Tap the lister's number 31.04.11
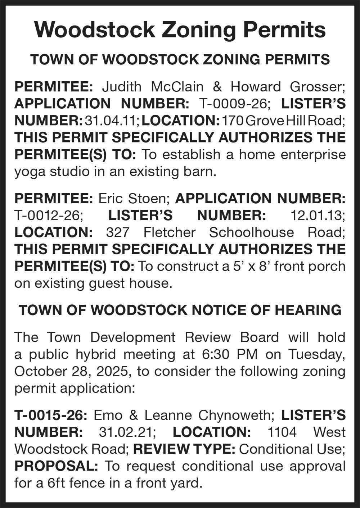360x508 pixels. point(112,121)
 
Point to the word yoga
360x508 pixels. point(29,172)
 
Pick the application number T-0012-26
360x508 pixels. point(48,216)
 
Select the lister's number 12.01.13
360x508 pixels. point(317,216)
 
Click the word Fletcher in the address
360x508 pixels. point(169,232)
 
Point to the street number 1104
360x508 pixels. point(282,432)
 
